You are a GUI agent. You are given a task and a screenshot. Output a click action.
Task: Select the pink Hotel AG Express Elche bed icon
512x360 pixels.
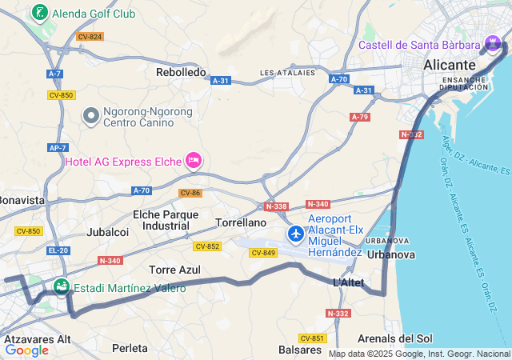click(193, 161)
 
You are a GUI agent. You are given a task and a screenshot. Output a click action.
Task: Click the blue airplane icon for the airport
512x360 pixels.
click(296, 234)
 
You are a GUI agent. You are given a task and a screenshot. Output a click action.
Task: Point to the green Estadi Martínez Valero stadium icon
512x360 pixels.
click(61, 286)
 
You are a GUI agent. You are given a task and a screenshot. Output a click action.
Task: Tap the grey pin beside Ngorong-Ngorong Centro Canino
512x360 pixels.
click(91, 117)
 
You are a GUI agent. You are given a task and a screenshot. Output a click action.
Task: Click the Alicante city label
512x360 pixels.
click(450, 64)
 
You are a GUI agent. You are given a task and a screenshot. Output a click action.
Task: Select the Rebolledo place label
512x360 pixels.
click(181, 72)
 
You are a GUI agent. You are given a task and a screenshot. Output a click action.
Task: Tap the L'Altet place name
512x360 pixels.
click(349, 282)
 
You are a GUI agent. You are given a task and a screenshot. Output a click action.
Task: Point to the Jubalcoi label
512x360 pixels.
click(108, 232)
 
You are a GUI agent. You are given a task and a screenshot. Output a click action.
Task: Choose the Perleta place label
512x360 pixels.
click(130, 348)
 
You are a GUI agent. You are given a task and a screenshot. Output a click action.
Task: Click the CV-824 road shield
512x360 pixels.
click(90, 37)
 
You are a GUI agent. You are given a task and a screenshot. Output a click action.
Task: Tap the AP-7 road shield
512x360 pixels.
click(57, 148)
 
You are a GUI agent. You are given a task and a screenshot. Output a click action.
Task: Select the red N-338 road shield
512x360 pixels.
click(276, 206)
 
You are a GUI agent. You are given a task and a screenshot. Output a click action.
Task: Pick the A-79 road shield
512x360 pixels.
click(360, 117)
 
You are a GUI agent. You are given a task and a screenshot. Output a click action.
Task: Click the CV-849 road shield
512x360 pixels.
click(263, 253)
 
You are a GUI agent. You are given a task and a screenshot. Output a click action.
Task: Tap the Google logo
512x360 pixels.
click(26, 350)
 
